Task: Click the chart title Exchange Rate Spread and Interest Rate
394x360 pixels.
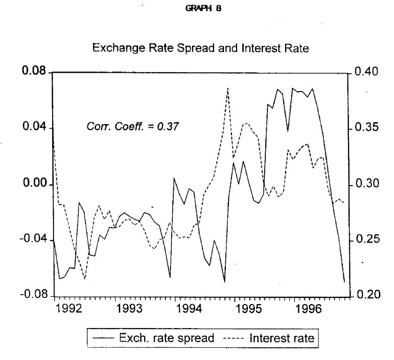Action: (x=201, y=48)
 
